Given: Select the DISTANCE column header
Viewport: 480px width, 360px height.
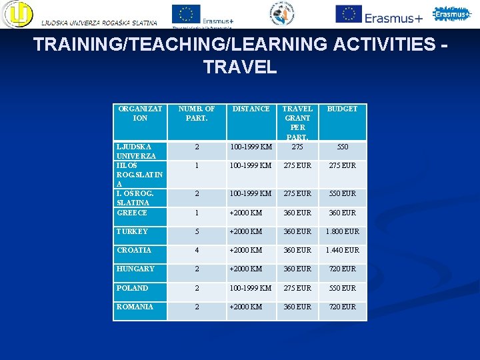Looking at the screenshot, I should click(251, 109).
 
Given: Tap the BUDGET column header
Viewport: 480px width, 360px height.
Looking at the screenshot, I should click(342, 109).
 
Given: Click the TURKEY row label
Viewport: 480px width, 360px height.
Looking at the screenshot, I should click(132, 231).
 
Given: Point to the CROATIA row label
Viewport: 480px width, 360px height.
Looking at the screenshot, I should click(134, 250).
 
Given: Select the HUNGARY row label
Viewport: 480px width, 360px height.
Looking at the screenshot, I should click(135, 269).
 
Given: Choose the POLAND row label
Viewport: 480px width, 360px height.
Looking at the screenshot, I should click(133, 288).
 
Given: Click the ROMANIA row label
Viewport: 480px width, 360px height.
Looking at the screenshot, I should click(135, 307).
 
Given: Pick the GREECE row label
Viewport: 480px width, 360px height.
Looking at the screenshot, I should click(132, 213).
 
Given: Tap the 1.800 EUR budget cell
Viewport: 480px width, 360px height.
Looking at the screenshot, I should click(342, 231).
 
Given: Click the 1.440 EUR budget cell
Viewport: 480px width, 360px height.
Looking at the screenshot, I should click(342, 250).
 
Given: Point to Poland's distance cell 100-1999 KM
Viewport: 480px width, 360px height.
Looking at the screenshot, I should click(251, 288).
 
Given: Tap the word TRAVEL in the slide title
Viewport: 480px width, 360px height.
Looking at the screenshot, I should click(240, 67).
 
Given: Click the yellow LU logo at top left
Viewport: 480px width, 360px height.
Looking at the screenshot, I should click(17, 15).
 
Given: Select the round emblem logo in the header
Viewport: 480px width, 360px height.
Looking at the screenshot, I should click(286, 14).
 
